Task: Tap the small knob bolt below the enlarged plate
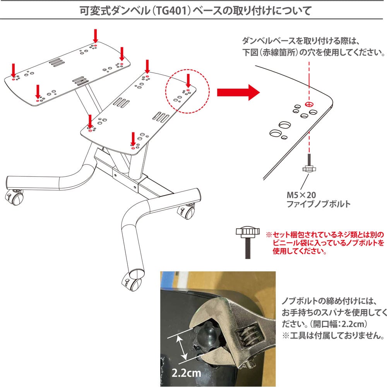[308, 166]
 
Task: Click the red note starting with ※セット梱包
[325, 243]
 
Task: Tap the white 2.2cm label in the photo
[186, 373]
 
